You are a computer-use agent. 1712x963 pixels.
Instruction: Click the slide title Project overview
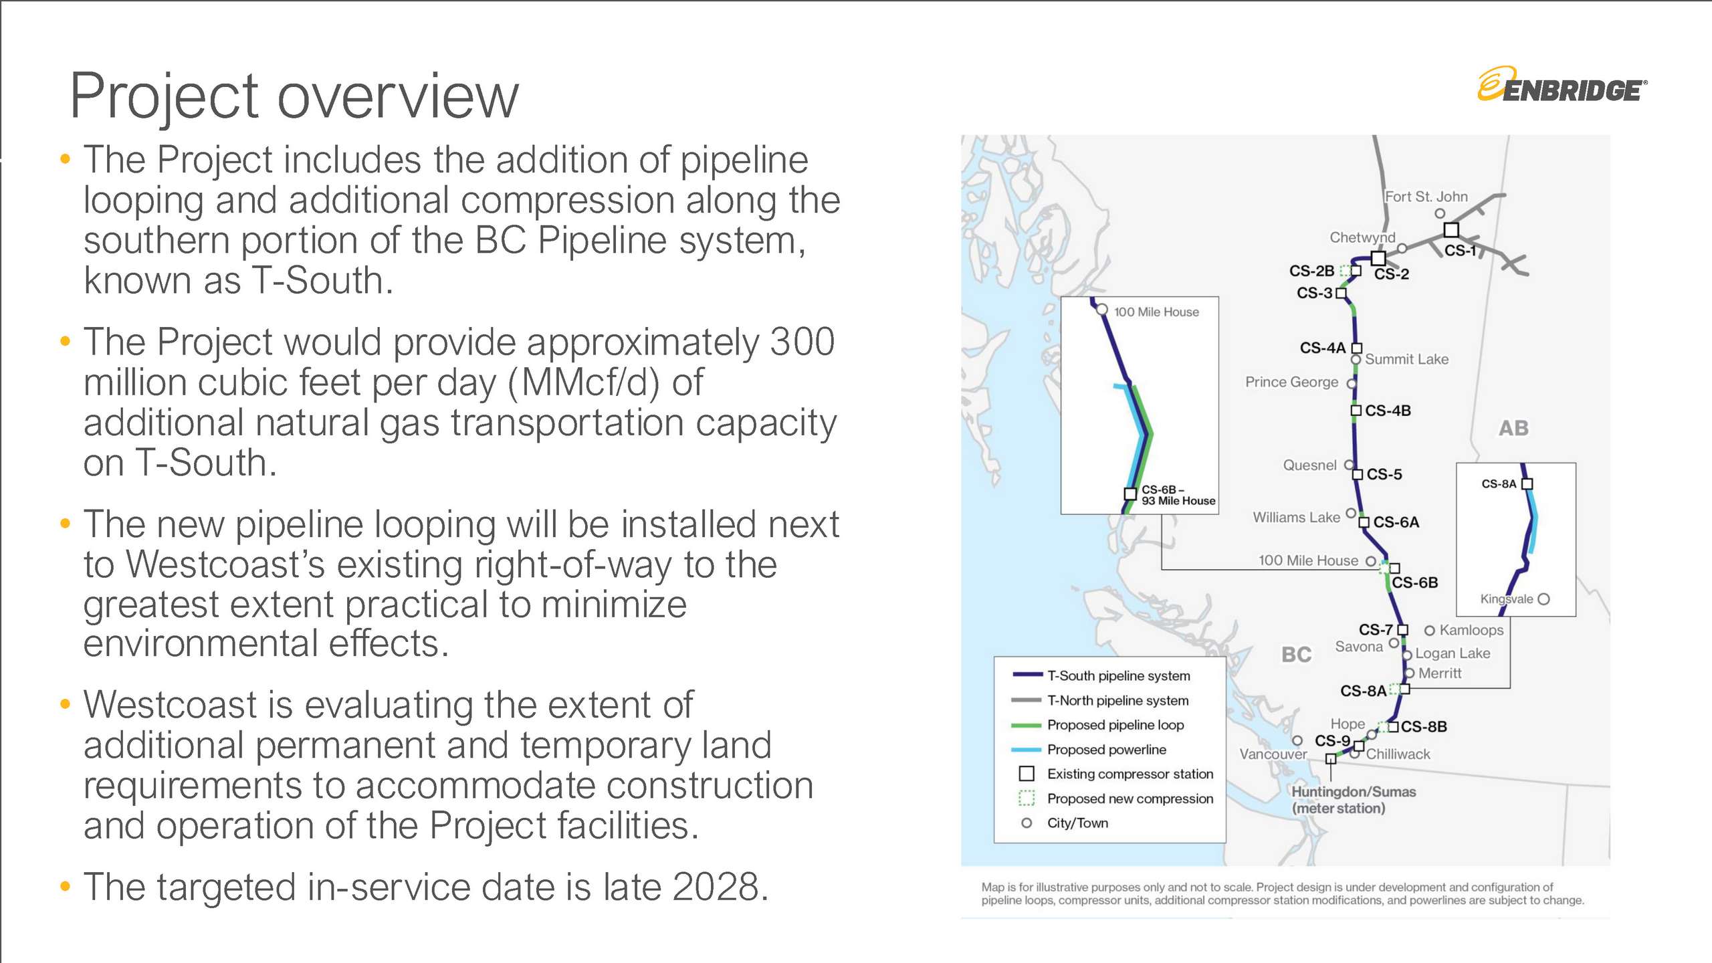(x=294, y=96)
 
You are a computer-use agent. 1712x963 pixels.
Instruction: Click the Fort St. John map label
(x=1426, y=197)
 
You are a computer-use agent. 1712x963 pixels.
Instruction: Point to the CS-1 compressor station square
(x=1451, y=230)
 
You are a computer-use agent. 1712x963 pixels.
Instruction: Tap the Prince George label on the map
(x=1291, y=382)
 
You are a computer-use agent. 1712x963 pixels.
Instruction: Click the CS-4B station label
(x=1388, y=411)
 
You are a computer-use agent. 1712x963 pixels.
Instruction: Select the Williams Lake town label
(x=1296, y=517)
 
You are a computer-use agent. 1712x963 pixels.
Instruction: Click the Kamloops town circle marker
(x=1429, y=631)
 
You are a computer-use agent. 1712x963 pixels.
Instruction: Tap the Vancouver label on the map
(x=1273, y=754)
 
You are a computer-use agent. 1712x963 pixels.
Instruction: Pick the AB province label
(x=1513, y=428)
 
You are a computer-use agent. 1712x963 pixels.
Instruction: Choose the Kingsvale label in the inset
(x=1506, y=599)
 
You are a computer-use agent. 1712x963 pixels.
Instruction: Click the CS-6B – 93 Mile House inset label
(x=1178, y=495)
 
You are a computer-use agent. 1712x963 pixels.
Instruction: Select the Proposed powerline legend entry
(x=1106, y=750)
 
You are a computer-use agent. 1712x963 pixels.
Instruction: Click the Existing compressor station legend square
(x=1027, y=774)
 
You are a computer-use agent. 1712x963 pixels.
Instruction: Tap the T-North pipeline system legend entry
(x=1117, y=700)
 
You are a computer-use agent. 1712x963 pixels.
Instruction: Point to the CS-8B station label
(x=1424, y=727)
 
